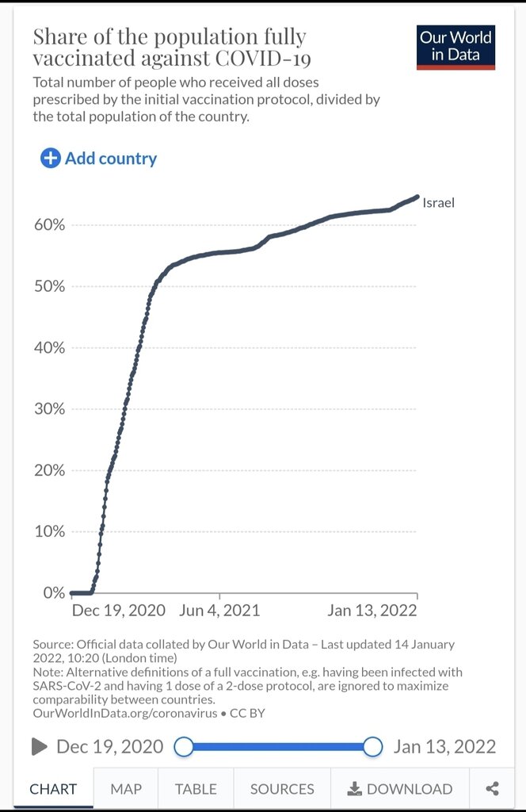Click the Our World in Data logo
[455, 48]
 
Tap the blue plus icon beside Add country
[50, 158]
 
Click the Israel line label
[438, 202]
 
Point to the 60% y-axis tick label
[48, 224]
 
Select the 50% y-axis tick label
[48, 285]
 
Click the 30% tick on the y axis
[48, 408]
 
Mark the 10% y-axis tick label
[48, 531]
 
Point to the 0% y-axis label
[53, 592]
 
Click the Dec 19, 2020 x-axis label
[118, 611]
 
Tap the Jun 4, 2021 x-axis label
[219, 611]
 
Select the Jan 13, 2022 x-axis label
[372, 611]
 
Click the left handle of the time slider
[184, 746]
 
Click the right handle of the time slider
[373, 746]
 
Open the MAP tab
[126, 789]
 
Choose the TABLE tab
[196, 789]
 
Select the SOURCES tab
[282, 789]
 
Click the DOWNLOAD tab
[400, 789]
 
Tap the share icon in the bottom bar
[493, 789]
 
